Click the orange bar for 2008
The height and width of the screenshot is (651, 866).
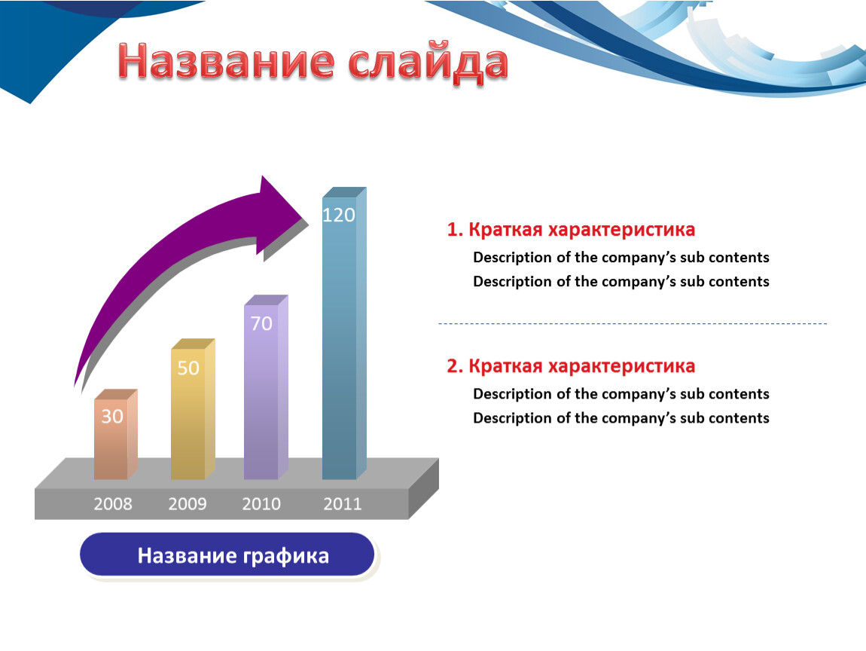pyautogui.click(x=115, y=434)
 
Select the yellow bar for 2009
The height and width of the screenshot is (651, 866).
pyautogui.click(x=193, y=409)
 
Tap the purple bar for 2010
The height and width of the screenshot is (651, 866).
pyautogui.click(x=266, y=387)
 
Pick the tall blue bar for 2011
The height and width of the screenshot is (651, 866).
pyautogui.click(x=344, y=333)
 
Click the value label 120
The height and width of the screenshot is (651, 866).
pyautogui.click(x=339, y=215)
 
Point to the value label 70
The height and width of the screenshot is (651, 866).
pyautogui.click(x=261, y=323)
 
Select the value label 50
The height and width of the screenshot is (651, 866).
pyautogui.click(x=188, y=368)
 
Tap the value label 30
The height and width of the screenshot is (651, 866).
pyautogui.click(x=112, y=416)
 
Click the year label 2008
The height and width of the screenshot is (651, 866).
pyautogui.click(x=113, y=504)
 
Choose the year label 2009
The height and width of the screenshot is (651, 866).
pyautogui.click(x=188, y=504)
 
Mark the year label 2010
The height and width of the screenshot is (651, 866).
pyautogui.click(x=261, y=504)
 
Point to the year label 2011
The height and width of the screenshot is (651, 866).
pyautogui.click(x=343, y=504)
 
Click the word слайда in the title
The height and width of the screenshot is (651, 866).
pyautogui.click(x=428, y=63)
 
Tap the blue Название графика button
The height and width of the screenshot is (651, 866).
pyautogui.click(x=227, y=555)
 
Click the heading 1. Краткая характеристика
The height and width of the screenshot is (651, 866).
pyautogui.click(x=571, y=230)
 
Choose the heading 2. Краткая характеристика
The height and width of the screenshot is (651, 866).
pyautogui.click(x=571, y=366)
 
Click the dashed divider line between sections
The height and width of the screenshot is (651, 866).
pyautogui.click(x=633, y=323)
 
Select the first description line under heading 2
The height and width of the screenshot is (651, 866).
pyautogui.click(x=621, y=394)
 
